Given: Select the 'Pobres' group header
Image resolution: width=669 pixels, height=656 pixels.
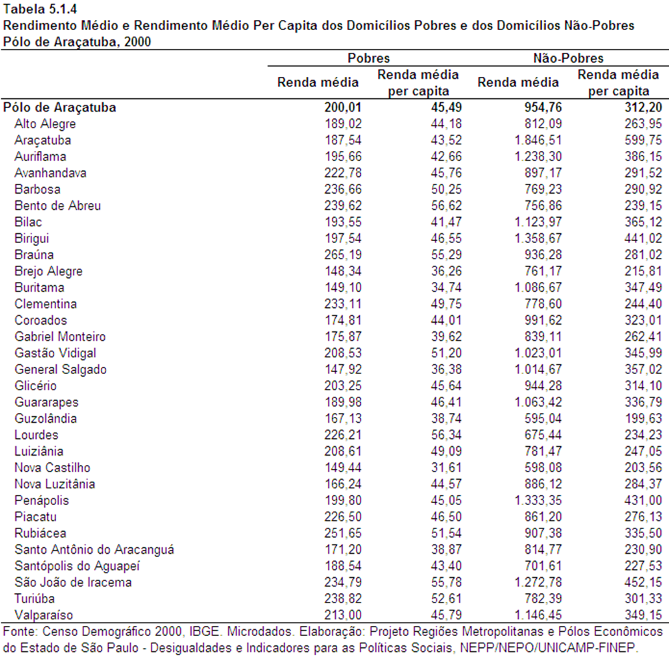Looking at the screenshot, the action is click(x=369, y=58).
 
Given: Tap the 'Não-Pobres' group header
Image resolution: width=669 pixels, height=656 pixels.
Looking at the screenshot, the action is click(x=568, y=58).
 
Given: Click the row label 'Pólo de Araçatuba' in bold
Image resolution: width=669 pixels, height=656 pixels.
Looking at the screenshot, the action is click(x=59, y=108).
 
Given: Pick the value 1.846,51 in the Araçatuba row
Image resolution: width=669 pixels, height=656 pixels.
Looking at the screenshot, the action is click(x=538, y=140).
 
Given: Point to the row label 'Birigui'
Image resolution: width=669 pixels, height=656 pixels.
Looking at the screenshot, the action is click(x=31, y=238).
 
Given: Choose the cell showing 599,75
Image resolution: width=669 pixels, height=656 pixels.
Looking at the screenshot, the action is click(x=644, y=140).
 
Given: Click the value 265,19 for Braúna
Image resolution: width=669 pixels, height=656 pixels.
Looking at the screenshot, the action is click(x=343, y=255).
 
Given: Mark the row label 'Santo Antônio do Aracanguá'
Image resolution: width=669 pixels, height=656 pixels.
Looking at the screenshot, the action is click(x=94, y=550).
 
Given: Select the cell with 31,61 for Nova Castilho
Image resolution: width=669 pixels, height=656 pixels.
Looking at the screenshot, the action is click(x=446, y=468).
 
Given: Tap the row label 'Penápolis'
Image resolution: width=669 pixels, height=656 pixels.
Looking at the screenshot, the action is click(x=41, y=500).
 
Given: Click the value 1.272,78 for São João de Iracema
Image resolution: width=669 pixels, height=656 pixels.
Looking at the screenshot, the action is click(x=538, y=582).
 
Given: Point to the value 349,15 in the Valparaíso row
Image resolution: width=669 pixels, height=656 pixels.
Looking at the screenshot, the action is click(x=644, y=615).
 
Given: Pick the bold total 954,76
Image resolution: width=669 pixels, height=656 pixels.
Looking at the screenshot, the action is click(x=543, y=108).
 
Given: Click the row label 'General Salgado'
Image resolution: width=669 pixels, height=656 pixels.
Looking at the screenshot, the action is click(x=61, y=369).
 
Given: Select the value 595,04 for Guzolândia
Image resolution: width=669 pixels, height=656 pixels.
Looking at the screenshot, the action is click(x=543, y=419).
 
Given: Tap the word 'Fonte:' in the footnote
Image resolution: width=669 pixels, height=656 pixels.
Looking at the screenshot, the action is click(x=21, y=632).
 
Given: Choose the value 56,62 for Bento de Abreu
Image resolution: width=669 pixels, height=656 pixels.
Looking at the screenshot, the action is click(x=446, y=206).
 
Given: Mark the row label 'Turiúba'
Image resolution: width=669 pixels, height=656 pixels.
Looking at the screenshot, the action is click(x=35, y=599).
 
